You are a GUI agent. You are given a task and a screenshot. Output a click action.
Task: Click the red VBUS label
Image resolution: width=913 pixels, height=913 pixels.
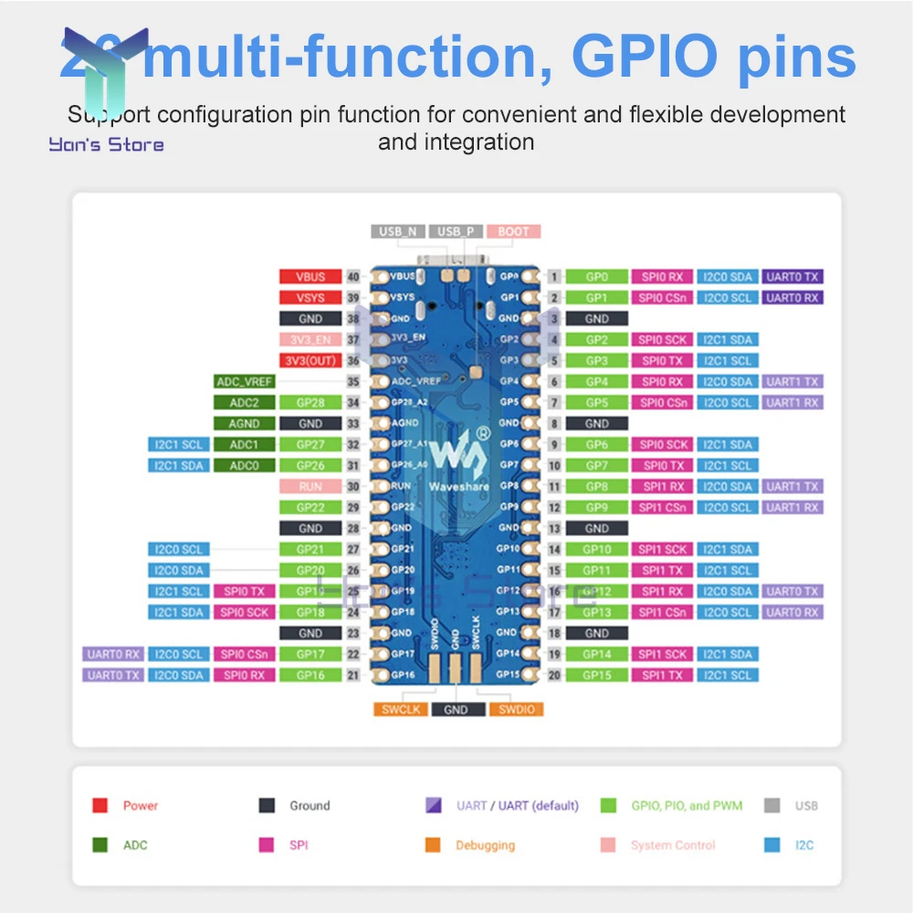click(x=310, y=277)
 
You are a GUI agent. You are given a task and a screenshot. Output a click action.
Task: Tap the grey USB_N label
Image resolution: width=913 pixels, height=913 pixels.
click(x=398, y=232)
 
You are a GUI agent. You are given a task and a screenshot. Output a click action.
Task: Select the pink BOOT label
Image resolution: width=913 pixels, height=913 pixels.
click(x=514, y=232)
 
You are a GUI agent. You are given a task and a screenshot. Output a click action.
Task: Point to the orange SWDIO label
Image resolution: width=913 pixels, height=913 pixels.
click(x=516, y=709)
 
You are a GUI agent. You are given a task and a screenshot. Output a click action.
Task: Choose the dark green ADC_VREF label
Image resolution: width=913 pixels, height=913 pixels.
click(x=244, y=382)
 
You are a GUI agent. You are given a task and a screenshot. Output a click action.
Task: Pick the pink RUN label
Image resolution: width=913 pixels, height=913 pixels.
click(x=310, y=487)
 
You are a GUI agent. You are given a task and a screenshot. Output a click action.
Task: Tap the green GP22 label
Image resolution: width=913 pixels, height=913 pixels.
click(x=310, y=508)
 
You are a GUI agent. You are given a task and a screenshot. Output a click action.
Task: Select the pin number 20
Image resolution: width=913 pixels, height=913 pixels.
click(x=554, y=676)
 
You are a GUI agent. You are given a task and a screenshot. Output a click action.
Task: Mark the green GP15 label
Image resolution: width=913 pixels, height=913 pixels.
click(x=597, y=676)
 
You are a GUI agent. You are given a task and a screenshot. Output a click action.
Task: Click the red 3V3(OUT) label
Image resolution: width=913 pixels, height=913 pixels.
click(x=310, y=361)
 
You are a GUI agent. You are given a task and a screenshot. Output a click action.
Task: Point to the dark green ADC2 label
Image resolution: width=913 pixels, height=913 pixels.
click(x=244, y=403)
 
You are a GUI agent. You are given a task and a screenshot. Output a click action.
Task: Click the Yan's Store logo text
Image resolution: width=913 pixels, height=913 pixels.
click(x=107, y=144)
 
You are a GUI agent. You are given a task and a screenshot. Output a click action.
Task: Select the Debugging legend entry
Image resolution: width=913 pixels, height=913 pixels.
click(x=485, y=845)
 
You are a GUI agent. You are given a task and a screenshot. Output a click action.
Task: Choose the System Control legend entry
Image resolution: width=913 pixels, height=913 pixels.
click(x=672, y=845)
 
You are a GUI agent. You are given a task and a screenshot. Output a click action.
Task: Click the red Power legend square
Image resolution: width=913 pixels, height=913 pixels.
click(x=100, y=805)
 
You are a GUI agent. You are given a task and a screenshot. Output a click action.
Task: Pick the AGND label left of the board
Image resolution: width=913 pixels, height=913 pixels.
click(x=244, y=424)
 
